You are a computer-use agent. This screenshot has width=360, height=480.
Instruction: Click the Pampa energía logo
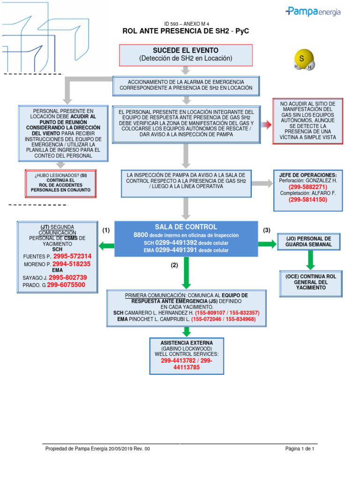point(313,12)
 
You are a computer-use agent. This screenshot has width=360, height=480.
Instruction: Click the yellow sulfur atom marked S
point(302,59)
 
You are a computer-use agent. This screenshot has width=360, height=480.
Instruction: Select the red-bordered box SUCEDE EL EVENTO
point(186,54)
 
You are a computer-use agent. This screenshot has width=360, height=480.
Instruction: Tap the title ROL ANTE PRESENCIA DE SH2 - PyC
point(185,31)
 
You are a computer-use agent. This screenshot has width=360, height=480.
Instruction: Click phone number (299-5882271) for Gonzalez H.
point(308,187)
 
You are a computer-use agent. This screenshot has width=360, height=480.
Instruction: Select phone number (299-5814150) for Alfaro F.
point(308,199)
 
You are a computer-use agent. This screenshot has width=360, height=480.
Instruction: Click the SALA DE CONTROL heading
point(186,227)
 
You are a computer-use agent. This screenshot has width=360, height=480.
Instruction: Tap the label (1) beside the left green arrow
point(106,230)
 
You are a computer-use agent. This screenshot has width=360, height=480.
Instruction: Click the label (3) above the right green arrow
point(267,230)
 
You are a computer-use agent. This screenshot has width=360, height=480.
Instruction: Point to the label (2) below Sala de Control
point(174,265)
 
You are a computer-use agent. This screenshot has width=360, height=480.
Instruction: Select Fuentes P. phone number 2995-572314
point(72,256)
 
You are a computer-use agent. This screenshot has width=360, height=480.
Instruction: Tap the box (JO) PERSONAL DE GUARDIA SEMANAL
point(309,241)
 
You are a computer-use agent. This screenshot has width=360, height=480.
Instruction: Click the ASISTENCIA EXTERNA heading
point(187,343)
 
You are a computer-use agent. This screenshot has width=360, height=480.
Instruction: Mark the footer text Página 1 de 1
point(300,449)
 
